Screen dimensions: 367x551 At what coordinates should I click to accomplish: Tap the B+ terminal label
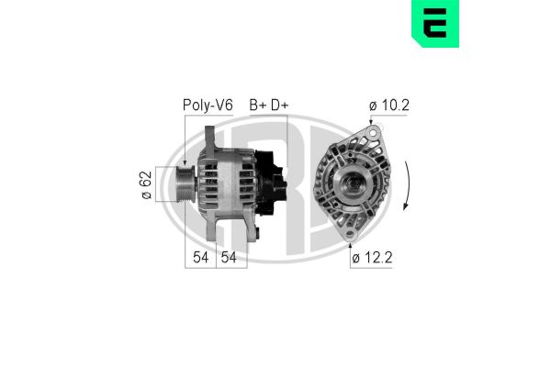258,106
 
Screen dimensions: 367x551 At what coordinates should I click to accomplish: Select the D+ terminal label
278,106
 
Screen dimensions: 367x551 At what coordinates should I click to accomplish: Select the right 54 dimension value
231,259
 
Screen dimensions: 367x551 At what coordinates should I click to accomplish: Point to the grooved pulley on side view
183,185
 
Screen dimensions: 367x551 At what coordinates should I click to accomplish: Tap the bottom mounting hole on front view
351,238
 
